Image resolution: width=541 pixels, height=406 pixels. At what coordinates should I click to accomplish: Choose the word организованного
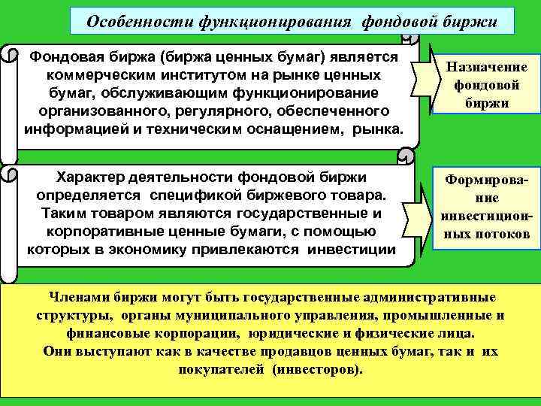(95, 110)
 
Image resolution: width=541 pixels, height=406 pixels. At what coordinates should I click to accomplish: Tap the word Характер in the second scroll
(93, 178)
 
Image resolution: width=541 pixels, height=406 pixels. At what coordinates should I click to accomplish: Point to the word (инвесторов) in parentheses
(316, 370)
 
